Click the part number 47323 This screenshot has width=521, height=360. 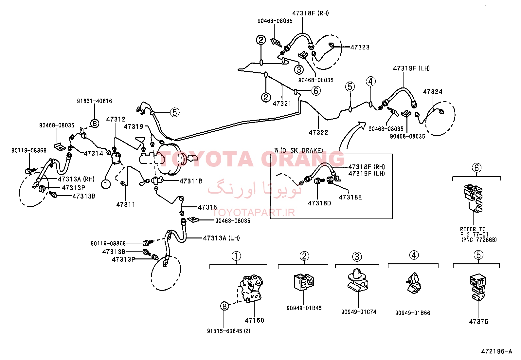360,47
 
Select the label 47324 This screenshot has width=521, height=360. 433,91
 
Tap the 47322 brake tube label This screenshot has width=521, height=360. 318,132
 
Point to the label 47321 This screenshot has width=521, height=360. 282,104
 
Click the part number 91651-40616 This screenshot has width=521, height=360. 95,101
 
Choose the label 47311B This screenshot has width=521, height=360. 191,181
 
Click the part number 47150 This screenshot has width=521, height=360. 255,320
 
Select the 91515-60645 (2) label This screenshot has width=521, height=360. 229,331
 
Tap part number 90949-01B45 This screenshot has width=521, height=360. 304,308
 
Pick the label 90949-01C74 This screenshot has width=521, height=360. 359,312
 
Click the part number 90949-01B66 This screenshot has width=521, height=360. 413,313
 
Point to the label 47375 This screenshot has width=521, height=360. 478,322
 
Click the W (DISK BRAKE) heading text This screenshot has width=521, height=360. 299,150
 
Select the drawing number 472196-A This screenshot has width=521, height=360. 496,351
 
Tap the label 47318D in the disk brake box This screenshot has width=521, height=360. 319,203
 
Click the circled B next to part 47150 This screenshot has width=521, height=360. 225,306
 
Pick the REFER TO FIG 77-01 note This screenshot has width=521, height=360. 478,235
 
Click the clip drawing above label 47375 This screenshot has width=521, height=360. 478,287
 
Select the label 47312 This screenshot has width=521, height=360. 116,119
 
